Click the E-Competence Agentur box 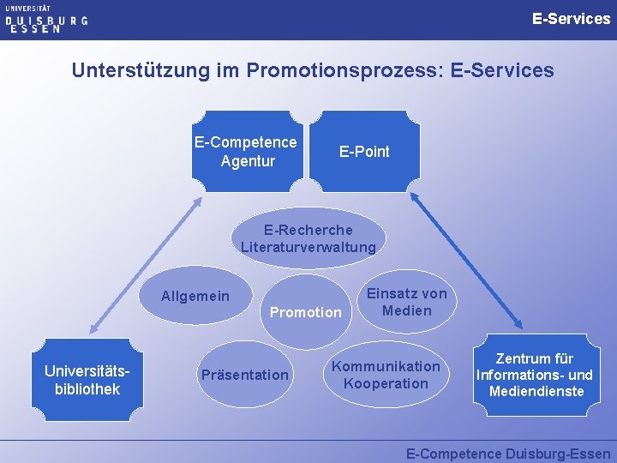coord(246,151)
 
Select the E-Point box coord(364,151)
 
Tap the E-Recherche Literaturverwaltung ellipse coord(308,238)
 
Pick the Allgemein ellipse coord(197,297)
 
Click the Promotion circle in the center coord(305,312)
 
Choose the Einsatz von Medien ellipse coord(407,301)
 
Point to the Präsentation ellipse coord(244,375)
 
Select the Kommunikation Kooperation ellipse coord(386,375)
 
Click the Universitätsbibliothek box coord(82,380)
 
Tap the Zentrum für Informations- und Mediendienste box coord(534,375)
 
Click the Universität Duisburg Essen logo coord(46,19)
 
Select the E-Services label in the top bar coord(571,18)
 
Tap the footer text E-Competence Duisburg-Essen coord(508,454)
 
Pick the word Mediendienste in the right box coord(536,392)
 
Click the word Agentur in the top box coord(248,160)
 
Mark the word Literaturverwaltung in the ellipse coord(308,248)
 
